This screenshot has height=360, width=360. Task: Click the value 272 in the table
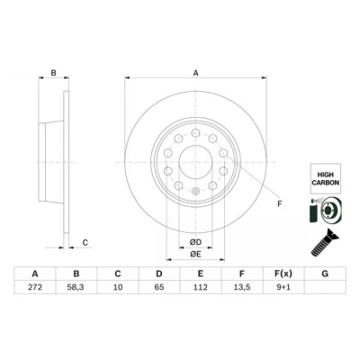coord(35,287)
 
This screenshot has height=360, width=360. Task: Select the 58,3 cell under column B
coord(76,287)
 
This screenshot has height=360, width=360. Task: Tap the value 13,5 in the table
coord(242,287)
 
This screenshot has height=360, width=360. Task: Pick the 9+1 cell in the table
coord(283,287)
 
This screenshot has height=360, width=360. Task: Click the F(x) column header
coord(283,274)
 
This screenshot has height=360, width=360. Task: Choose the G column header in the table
coord(325,274)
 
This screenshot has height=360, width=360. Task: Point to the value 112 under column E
coord(201,287)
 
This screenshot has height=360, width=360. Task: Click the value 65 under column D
coord(159,287)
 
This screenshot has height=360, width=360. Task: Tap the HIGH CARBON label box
coord(326,178)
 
